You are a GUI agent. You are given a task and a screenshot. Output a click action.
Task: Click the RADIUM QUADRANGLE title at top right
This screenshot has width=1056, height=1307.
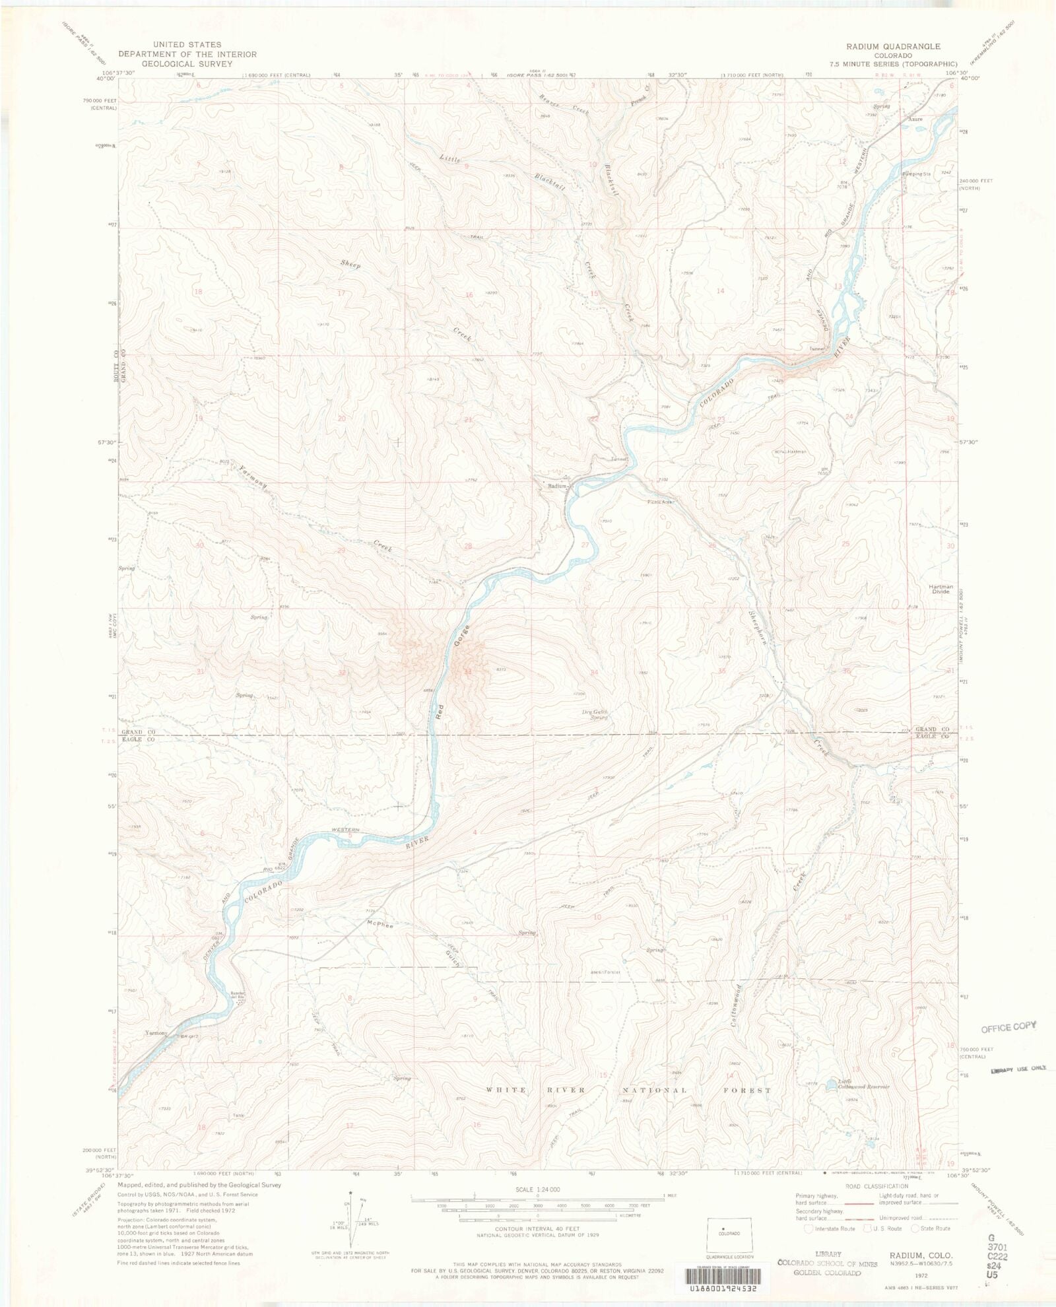coord(894,46)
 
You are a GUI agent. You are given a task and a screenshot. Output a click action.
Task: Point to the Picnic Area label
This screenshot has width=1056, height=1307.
coord(662,502)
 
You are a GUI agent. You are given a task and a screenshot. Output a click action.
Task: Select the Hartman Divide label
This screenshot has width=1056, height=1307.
coord(940,589)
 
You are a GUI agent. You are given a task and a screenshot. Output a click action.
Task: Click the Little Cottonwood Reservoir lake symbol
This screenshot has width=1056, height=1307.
coord(832,1087)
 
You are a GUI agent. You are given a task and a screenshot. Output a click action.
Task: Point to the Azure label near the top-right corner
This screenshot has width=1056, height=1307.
coord(914,119)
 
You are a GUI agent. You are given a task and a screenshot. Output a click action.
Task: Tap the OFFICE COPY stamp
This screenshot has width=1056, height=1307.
coord(1008,1026)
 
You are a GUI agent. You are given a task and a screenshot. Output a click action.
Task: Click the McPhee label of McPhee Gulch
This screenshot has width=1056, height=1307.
coord(380,925)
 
